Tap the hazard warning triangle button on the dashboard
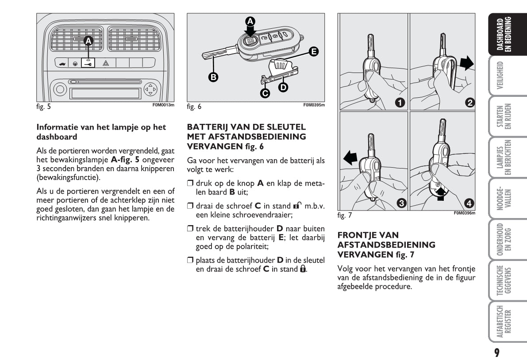point(106,64)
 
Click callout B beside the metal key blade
point(213,77)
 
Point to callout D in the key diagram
point(282,87)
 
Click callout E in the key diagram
point(314,52)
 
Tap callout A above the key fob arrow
point(250,21)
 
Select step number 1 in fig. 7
point(400,103)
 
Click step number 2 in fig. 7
point(470,103)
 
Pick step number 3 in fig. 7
point(400,203)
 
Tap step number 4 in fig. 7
point(470,203)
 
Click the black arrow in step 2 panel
point(466,63)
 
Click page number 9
point(497,353)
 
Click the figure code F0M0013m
point(164,105)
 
